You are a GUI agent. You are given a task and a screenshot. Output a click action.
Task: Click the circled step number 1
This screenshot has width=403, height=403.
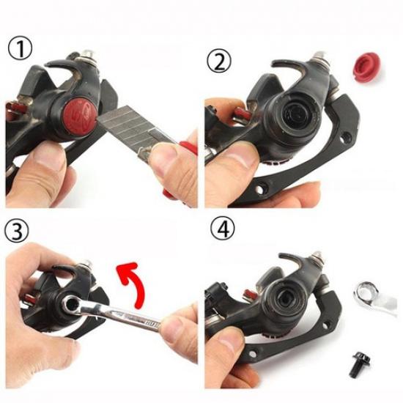point(20,50)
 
